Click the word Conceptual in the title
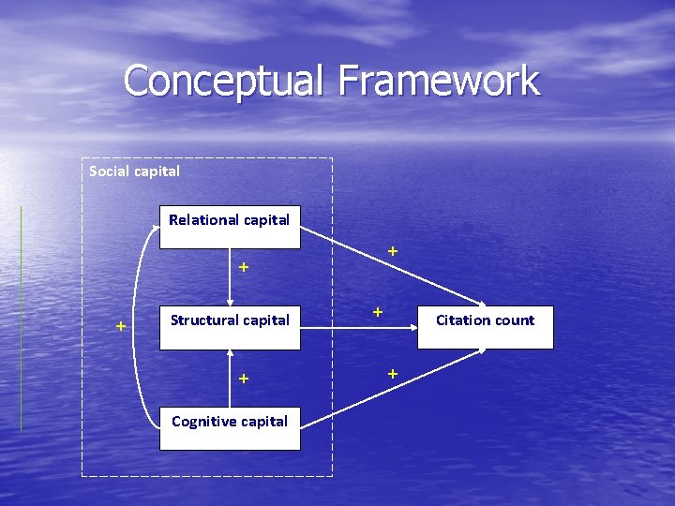click(224, 81)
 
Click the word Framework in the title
click(439, 81)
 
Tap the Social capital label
click(134, 171)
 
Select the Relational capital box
click(230, 227)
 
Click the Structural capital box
click(230, 320)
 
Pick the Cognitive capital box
click(230, 427)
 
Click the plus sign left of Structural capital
click(120, 326)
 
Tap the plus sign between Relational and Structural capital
click(244, 267)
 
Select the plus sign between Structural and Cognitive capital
click(244, 379)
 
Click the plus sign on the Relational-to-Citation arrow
click(393, 251)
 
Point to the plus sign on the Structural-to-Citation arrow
click(376, 310)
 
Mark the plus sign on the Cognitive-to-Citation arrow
click(393, 374)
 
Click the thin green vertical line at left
click(21, 319)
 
